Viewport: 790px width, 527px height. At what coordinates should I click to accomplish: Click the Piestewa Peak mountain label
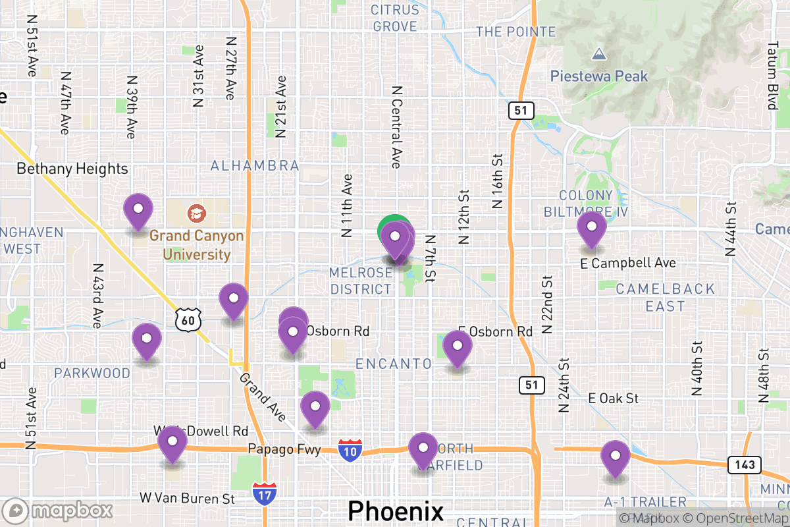(x=599, y=76)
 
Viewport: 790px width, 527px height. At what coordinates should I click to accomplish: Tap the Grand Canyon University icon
(x=196, y=213)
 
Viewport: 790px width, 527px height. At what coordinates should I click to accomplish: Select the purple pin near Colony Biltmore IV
(x=591, y=227)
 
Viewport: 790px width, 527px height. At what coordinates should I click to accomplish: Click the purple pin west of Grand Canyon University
(x=138, y=210)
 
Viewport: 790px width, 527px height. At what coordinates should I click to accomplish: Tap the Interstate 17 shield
(x=264, y=493)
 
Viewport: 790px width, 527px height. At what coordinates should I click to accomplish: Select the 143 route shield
(x=744, y=465)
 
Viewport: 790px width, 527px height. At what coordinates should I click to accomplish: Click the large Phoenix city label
(x=396, y=511)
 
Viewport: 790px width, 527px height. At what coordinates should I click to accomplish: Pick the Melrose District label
(x=361, y=281)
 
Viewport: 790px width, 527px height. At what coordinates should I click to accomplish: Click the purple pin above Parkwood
(x=146, y=340)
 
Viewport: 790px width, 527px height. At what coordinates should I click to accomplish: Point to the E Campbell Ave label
(x=628, y=263)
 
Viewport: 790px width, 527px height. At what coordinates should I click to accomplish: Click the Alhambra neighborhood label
(x=255, y=165)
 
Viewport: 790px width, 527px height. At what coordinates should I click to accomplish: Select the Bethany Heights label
(x=72, y=169)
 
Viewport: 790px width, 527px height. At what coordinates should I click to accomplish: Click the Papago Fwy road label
(x=284, y=449)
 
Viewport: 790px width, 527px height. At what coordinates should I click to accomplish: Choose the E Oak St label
(x=614, y=399)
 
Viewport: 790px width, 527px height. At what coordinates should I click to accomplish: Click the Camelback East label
(x=665, y=297)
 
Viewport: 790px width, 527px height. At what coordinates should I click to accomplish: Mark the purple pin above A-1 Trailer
(x=615, y=457)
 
